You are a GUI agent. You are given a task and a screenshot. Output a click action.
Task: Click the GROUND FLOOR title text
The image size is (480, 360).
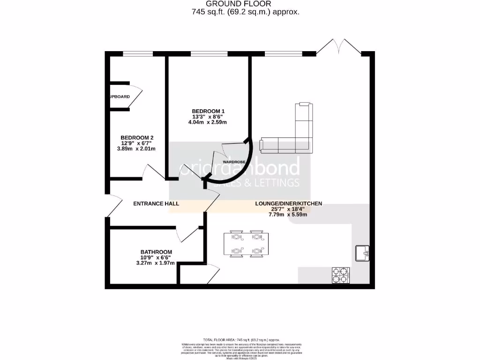pyautogui.click(x=245, y=4)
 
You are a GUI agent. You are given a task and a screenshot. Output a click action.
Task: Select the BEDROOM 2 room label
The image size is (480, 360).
pyautogui.click(x=136, y=137)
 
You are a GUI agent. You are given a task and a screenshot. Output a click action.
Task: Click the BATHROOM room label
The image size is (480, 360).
pyautogui.click(x=156, y=252)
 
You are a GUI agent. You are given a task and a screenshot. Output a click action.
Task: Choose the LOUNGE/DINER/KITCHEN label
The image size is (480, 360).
pyautogui.click(x=288, y=203)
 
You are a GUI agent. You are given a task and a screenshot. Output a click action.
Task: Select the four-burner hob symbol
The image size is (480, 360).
pyautogui.click(x=340, y=275)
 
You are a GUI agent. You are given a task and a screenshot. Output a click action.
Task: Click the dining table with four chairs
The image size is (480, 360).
pyautogui.click(x=246, y=244)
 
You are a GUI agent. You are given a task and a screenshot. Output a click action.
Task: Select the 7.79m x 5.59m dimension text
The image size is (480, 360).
pyautogui.click(x=287, y=215)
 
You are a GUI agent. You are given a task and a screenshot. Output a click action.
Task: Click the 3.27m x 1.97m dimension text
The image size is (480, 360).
pyautogui.click(x=155, y=263)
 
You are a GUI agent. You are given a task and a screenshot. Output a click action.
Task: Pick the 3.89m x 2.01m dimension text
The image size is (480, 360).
pyautogui.click(x=136, y=149)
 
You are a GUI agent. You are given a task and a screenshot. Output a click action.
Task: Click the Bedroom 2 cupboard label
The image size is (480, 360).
pyautogui.click(x=119, y=97)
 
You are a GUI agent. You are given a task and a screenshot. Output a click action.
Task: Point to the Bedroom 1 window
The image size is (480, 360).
pyautogui.click(x=209, y=53)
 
